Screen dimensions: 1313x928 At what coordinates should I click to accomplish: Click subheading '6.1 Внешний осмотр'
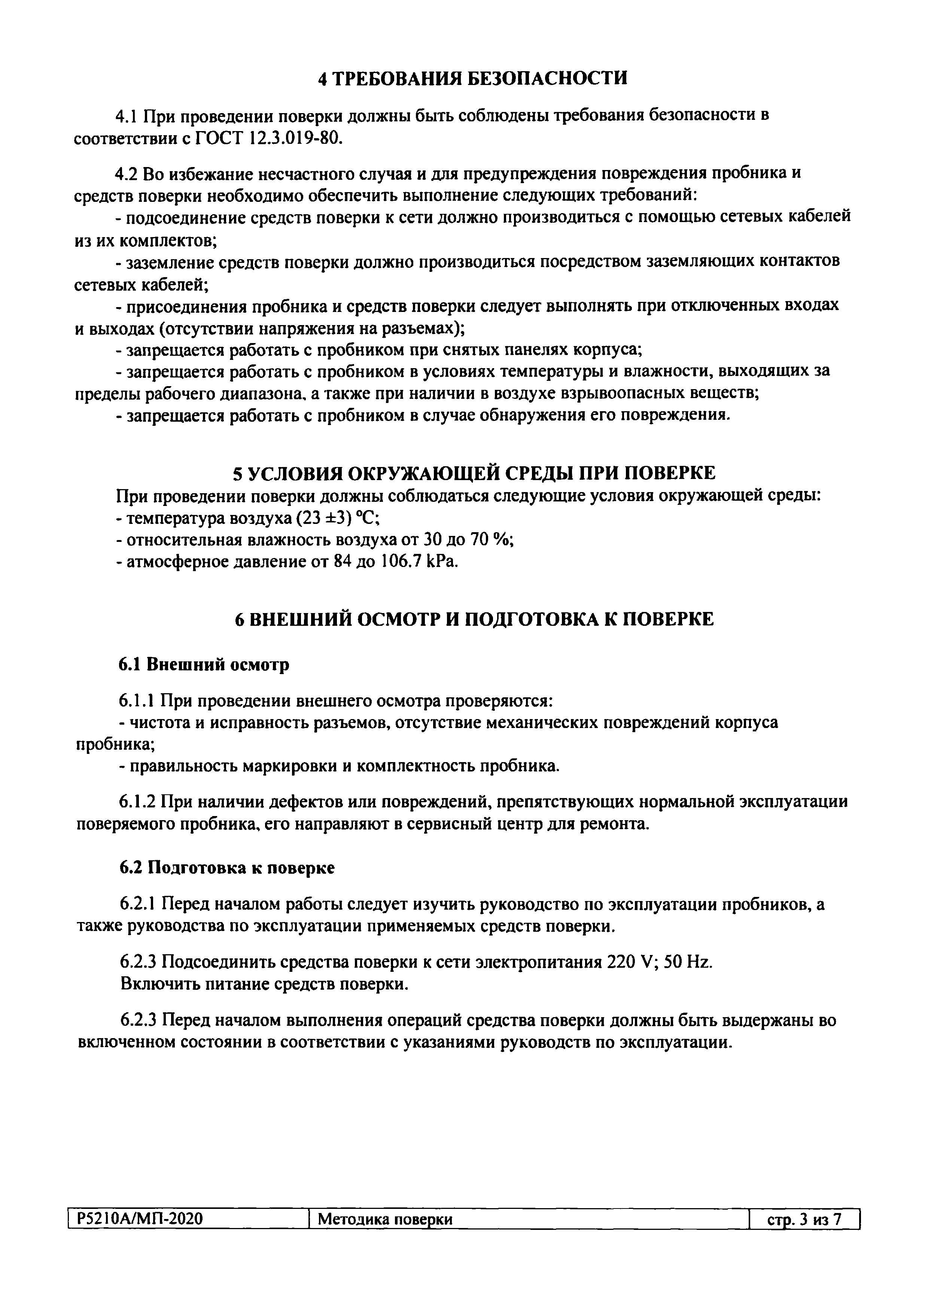pyautogui.click(x=204, y=664)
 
